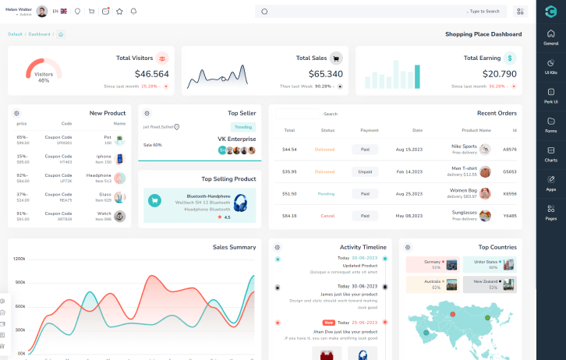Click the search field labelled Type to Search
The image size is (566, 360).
[382, 12]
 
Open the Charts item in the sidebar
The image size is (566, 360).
[550, 154]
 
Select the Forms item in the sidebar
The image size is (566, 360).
[550, 125]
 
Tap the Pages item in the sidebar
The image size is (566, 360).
[550, 212]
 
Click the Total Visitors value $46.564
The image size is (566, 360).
[151, 74]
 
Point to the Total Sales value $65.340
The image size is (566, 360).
[325, 74]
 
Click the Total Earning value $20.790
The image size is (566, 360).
[499, 74]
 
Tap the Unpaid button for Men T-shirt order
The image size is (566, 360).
[364, 171]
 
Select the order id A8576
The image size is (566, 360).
[509, 149]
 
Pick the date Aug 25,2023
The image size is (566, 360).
[409, 193]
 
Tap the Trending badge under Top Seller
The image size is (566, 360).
[242, 127]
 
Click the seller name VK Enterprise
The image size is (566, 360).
[236, 139]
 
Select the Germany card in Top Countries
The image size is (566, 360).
[432, 264]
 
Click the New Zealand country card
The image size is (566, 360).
[490, 284]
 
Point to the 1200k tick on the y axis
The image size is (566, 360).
[19, 258]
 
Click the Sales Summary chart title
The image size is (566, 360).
[234, 247]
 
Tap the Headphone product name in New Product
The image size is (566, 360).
[99, 175]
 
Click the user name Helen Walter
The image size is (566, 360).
[18, 9]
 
